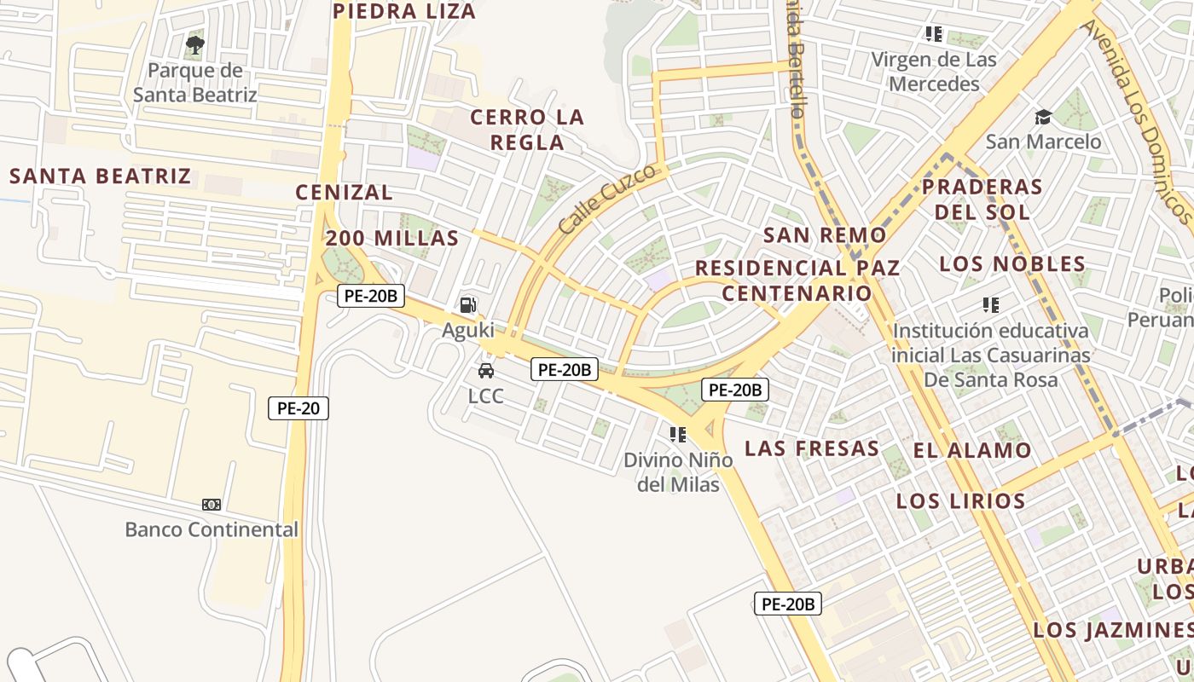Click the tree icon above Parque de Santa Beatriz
195,43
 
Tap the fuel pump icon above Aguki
468,304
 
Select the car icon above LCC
486,371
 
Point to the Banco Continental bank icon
212,505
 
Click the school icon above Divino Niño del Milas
678,435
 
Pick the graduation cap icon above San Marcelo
1043,117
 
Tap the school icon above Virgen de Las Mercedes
934,34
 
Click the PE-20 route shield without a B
298,408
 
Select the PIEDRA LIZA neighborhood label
404,11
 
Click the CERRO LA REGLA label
527,130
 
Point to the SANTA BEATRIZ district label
100,176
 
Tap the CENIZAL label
345,193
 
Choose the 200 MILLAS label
392,239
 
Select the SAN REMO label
825,235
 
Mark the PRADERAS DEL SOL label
982,199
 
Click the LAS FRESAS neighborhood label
812,448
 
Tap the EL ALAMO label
973,450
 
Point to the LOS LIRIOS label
960,500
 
